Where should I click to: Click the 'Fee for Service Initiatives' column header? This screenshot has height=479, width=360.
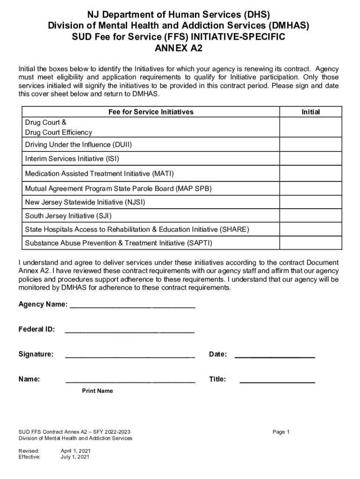[151, 112]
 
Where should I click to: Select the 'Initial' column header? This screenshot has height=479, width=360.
[310, 112]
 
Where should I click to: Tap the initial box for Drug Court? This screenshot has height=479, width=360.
[310, 127]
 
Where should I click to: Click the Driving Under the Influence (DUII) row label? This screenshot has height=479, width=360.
[79, 145]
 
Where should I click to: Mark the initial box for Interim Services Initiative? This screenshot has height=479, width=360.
[310, 159]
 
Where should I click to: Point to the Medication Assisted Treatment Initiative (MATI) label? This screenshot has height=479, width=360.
[99, 174]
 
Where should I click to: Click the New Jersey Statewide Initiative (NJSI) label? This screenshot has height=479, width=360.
[85, 202]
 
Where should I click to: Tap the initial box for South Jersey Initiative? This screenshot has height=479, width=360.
[310, 216]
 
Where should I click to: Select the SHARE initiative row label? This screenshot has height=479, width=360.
[137, 230]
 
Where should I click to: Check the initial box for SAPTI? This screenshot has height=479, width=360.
[310, 243]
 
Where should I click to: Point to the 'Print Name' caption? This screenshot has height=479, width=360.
[97, 391]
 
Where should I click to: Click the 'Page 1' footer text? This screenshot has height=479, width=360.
[281, 432]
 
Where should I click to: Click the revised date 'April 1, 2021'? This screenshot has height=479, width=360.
[76, 451]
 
